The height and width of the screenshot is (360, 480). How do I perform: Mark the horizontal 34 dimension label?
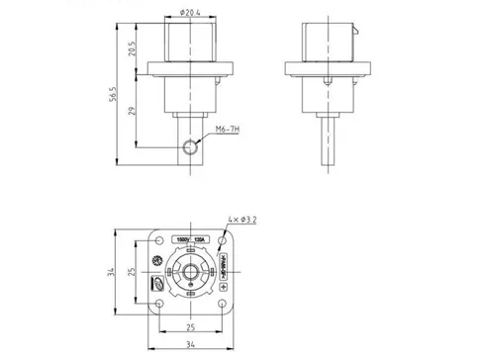point(189,343)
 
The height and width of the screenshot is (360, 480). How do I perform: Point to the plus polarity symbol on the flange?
point(221,287)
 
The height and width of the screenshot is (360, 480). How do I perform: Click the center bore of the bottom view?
point(189,273)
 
